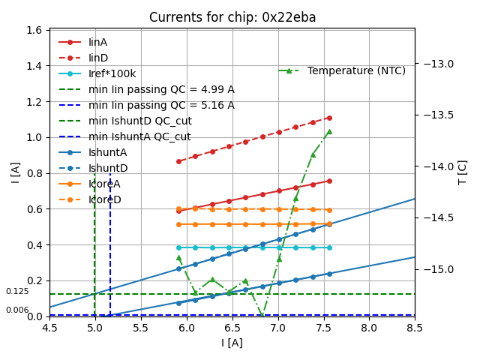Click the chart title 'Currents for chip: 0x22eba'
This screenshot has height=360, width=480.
(x=232, y=17)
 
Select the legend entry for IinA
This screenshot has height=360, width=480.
(x=98, y=42)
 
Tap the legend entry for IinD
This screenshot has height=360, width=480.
(x=98, y=58)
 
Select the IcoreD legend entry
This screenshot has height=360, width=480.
(x=104, y=199)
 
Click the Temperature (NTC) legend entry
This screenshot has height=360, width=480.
(x=356, y=70)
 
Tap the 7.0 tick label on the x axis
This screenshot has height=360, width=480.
(x=277, y=328)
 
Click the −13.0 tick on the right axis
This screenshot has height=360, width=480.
(x=440, y=64)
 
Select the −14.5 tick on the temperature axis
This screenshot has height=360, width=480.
(x=440, y=217)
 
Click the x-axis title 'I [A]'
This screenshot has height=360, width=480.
(x=232, y=343)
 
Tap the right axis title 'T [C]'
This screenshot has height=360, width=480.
(x=463, y=172)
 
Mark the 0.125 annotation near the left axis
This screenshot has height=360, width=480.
(x=17, y=291)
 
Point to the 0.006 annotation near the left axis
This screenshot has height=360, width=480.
(x=17, y=310)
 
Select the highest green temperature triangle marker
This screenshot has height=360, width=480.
(x=328, y=131)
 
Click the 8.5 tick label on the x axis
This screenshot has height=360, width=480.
(x=415, y=328)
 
